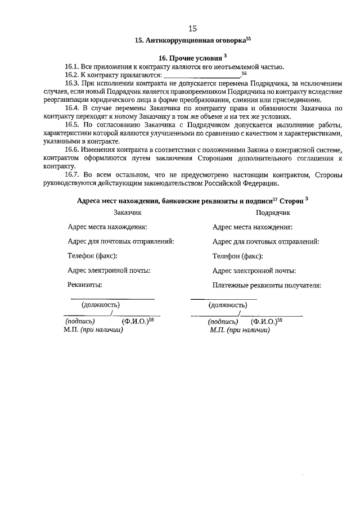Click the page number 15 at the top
click(x=192, y=28)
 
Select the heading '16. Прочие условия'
click(x=189, y=58)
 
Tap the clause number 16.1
click(x=73, y=67)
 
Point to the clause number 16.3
click(x=73, y=84)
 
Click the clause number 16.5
click(x=73, y=124)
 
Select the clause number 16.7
click(x=73, y=175)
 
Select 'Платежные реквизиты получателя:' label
click(x=267, y=285)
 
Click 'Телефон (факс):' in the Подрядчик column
click(x=237, y=256)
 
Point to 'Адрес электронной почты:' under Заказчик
click(x=109, y=271)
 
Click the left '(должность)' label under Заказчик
click(x=101, y=305)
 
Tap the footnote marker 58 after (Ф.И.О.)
click(x=151, y=319)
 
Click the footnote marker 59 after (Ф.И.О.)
click(x=280, y=319)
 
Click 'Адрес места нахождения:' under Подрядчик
click(x=252, y=227)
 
